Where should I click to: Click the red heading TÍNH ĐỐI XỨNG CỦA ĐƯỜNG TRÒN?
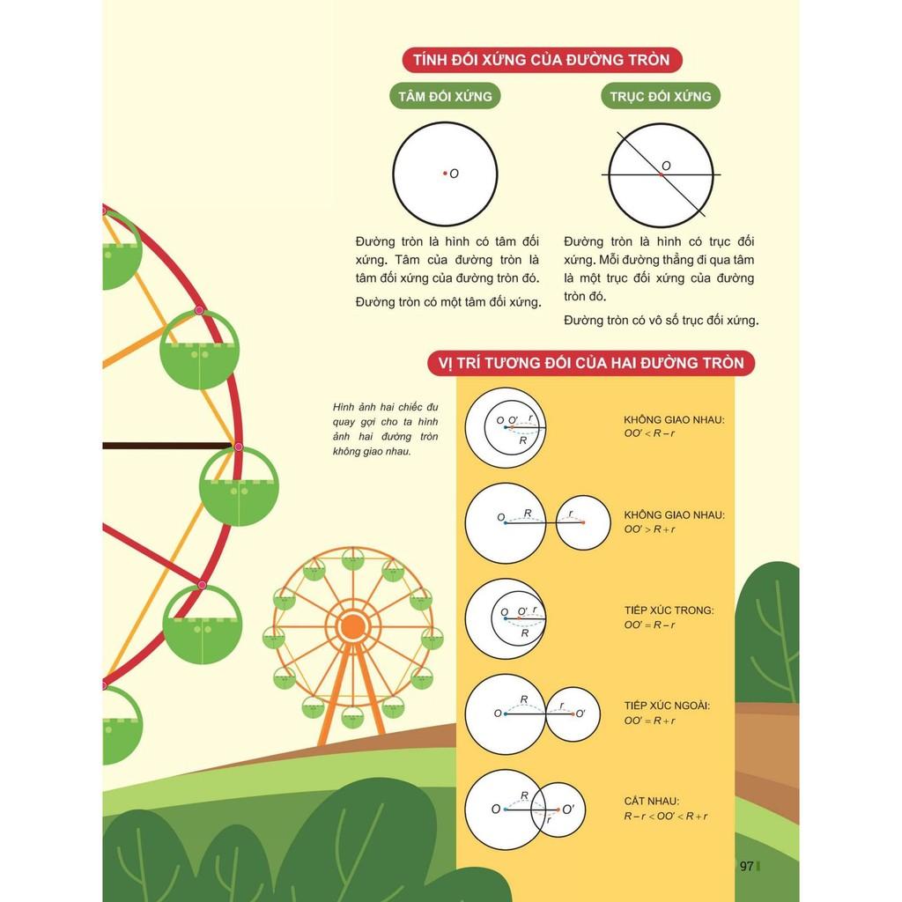click(x=541, y=60)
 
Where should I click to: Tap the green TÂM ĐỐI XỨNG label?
click(x=445, y=96)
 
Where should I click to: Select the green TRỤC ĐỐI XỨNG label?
click(x=661, y=96)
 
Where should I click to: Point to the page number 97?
click(x=746, y=866)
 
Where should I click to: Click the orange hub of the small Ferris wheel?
click(x=352, y=626)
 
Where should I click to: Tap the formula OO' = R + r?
click(x=650, y=721)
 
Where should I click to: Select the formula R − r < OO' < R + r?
click(x=666, y=816)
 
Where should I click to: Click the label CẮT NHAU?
click(x=651, y=801)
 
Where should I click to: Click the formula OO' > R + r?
click(x=650, y=529)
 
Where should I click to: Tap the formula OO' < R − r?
click(x=650, y=434)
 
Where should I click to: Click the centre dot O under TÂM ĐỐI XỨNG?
click(x=445, y=174)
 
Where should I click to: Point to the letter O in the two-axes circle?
click(x=666, y=166)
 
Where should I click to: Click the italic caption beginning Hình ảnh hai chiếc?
click(x=386, y=429)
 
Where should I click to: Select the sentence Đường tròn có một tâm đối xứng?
click(x=447, y=301)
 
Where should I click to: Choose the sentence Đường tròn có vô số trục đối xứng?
click(x=662, y=320)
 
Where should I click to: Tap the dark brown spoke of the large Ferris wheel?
click(x=167, y=446)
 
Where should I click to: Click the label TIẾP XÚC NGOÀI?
click(x=667, y=706)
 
